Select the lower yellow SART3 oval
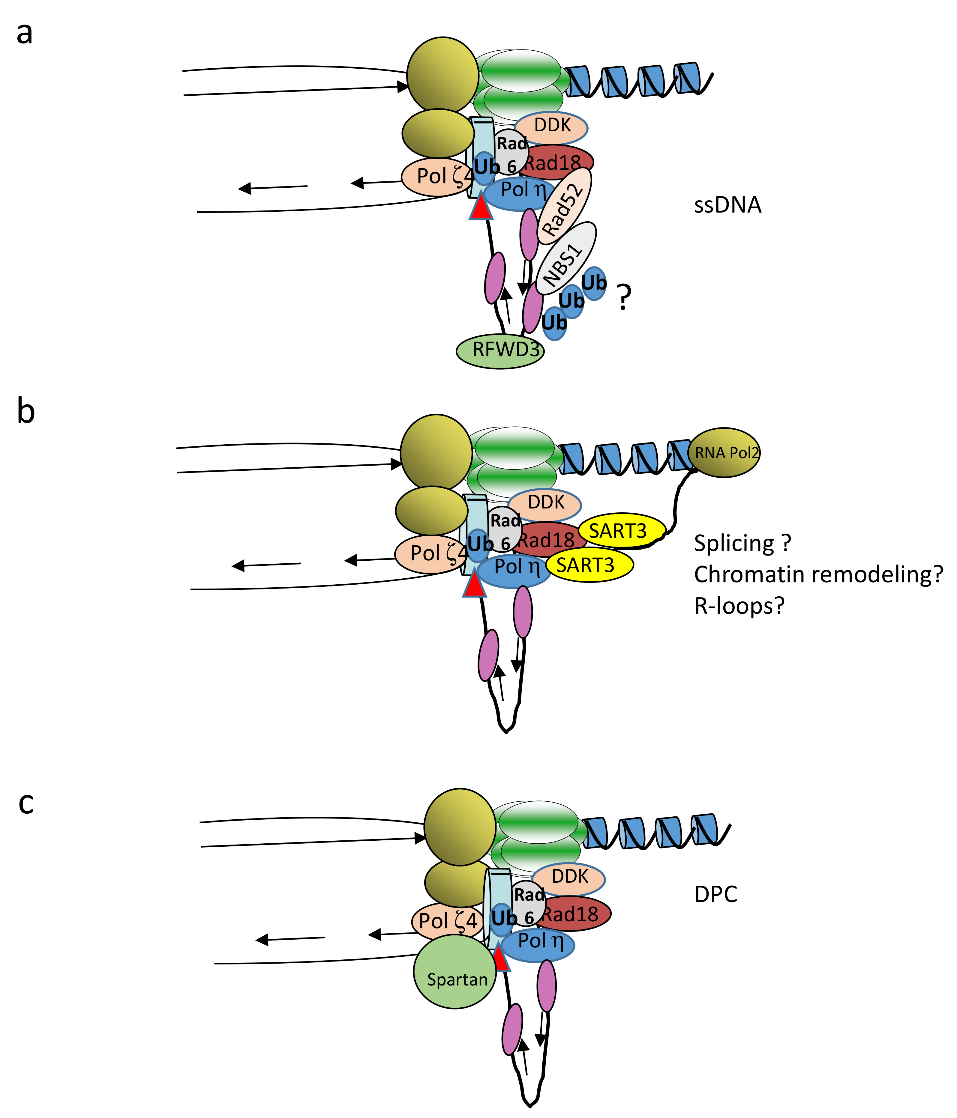(x=589, y=565)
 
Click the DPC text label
(x=716, y=894)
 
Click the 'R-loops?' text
(x=739, y=606)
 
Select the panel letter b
(x=26, y=411)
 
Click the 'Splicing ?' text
(x=742, y=543)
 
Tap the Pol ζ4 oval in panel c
(x=448, y=921)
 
